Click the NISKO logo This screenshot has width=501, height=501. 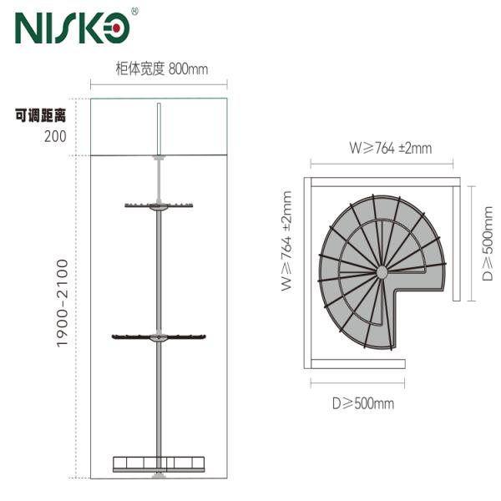point(72,28)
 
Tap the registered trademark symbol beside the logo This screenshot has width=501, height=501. point(135,12)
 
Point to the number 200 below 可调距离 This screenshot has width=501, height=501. point(55,135)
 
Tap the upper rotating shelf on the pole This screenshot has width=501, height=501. point(159,205)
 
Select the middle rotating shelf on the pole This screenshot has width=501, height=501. point(159,337)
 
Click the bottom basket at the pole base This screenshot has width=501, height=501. point(158,463)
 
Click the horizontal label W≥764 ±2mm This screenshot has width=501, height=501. point(390,149)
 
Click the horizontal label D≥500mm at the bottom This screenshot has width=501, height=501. point(362,404)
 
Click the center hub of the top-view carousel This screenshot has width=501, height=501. point(381,272)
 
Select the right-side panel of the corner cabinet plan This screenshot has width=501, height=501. point(455,241)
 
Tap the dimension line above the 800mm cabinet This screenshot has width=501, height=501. point(159,83)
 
